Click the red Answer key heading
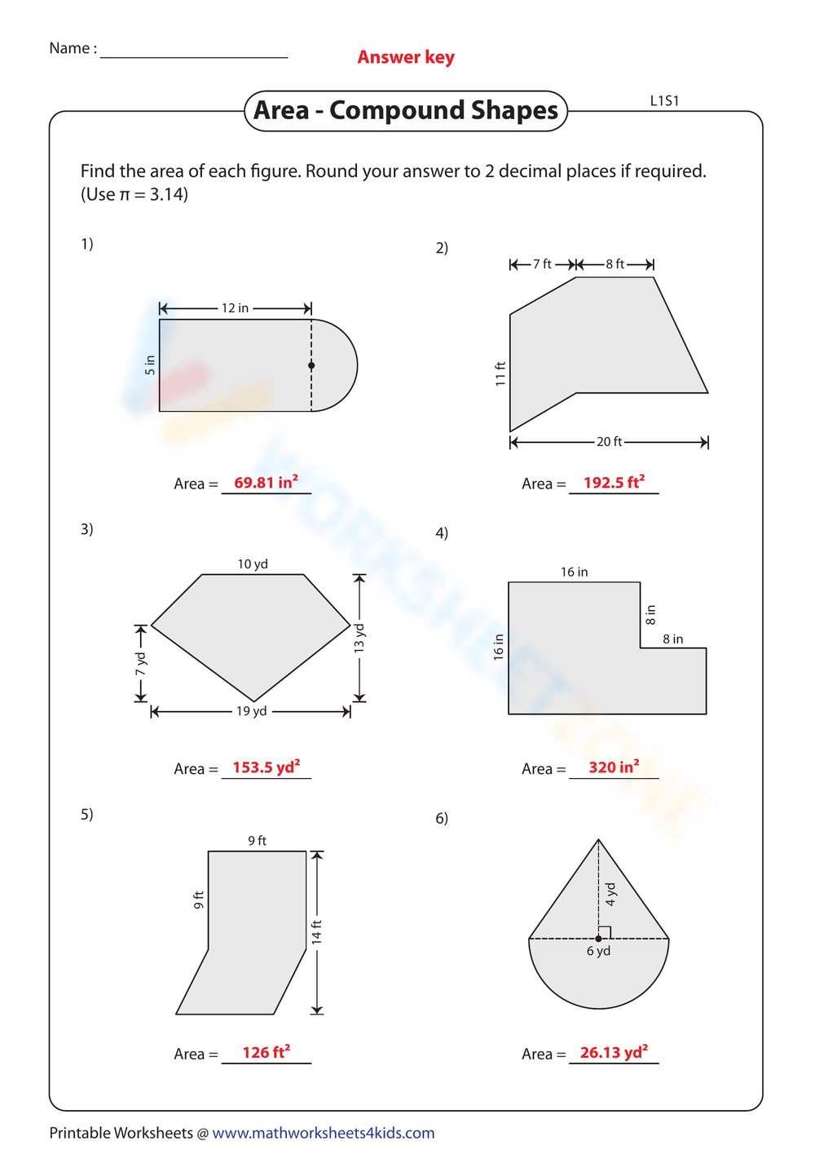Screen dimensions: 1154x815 tap(406, 57)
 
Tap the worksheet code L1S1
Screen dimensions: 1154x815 tap(664, 101)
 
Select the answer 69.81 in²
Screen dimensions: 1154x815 tap(266, 483)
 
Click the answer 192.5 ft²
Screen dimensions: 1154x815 tap(614, 483)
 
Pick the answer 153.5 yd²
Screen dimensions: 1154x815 tap(266, 767)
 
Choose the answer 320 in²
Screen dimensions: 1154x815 tap(614, 767)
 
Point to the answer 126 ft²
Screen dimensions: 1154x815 tap(266, 1053)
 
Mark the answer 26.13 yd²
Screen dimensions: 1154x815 tap(614, 1053)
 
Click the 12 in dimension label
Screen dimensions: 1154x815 tap(235, 308)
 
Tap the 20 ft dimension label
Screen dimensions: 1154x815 tap(609, 442)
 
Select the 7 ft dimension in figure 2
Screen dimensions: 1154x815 tap(542, 264)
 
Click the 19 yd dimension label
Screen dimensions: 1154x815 tap(251, 711)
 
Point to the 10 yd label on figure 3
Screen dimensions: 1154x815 tap(253, 564)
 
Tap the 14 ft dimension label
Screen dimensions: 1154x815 tap(317, 931)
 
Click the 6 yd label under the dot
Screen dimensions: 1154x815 tap(598, 952)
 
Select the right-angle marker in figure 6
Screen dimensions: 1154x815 tap(605, 932)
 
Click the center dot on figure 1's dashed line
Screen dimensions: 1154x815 tap(311, 365)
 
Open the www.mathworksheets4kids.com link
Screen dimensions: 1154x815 tap(323, 1133)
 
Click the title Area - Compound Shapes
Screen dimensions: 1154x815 tap(406, 111)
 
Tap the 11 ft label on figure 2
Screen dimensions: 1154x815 tap(500, 374)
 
